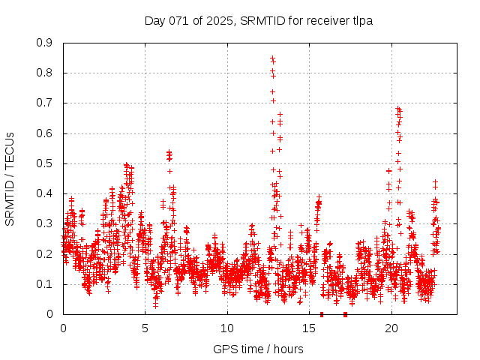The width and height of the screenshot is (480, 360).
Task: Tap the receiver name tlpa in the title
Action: pos(359,21)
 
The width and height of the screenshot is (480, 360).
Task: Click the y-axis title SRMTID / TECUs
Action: pos(10,178)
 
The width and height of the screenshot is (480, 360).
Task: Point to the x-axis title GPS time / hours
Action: pos(258,349)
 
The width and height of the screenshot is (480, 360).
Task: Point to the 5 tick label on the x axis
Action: pos(145,328)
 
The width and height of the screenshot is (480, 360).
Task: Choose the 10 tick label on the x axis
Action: pos(227,328)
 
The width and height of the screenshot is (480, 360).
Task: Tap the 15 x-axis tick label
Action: pos(309,328)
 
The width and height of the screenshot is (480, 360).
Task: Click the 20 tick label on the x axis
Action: pos(391,328)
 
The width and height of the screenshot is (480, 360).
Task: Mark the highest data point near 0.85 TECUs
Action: pos(272,58)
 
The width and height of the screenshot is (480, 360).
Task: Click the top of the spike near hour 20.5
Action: pos(398,109)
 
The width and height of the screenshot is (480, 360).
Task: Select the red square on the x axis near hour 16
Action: pos(322,314)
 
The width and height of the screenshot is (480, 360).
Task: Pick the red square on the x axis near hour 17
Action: pos(345,314)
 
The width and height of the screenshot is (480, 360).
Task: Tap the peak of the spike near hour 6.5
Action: pos(169,152)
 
